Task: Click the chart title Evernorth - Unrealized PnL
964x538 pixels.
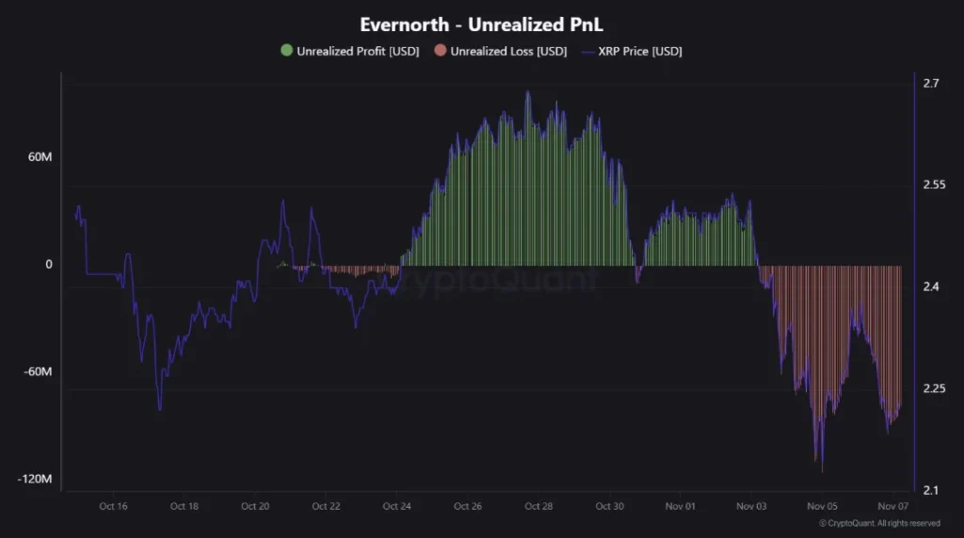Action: point(481,24)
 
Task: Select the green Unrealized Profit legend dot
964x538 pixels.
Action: point(287,51)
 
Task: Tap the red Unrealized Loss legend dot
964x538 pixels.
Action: point(440,51)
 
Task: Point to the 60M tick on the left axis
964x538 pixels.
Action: point(40,156)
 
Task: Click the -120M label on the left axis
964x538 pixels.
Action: point(35,480)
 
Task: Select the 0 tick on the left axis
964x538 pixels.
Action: point(48,265)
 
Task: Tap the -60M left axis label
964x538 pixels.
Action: point(38,371)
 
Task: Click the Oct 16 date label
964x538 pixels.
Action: point(113,506)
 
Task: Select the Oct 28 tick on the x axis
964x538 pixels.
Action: point(538,506)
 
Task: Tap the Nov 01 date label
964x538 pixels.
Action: point(681,506)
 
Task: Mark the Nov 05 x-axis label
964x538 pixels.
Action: point(822,506)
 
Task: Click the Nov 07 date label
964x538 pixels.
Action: point(893,506)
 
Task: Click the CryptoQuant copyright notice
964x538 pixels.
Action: point(879,523)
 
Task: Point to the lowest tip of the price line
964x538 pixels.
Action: point(822,471)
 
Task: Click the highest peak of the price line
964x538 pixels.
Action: point(527,91)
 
